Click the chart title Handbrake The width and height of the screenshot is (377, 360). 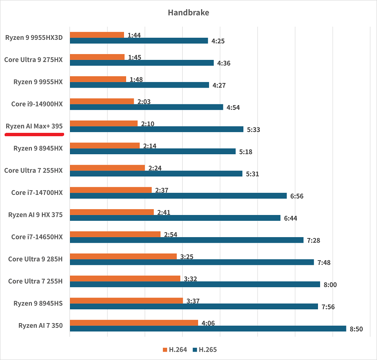point(188,13)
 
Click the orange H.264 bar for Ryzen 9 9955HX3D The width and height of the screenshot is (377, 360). point(97,35)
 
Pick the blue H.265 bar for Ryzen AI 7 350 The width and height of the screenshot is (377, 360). point(208,329)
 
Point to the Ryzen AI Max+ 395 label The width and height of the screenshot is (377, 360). point(34,126)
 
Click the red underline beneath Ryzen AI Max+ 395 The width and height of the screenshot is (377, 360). point(34,135)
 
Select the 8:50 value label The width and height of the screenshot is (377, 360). point(356,329)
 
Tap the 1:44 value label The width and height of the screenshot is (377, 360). point(134,35)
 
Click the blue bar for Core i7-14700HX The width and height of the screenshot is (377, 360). point(178,196)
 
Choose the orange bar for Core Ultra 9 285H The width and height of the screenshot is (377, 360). point(123,256)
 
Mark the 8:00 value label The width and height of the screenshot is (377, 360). point(330,285)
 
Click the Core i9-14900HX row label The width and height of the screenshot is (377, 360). point(37,104)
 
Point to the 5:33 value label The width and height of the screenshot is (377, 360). point(253,130)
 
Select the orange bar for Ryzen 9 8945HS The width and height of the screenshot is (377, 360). point(126,300)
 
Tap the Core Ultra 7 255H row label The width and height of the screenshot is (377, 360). point(35,281)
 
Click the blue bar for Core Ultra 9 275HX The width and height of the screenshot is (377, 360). point(142,63)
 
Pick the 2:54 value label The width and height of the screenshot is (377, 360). point(170,235)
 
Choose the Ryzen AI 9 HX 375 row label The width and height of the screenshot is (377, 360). point(35,215)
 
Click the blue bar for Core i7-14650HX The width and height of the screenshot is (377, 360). point(186,240)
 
